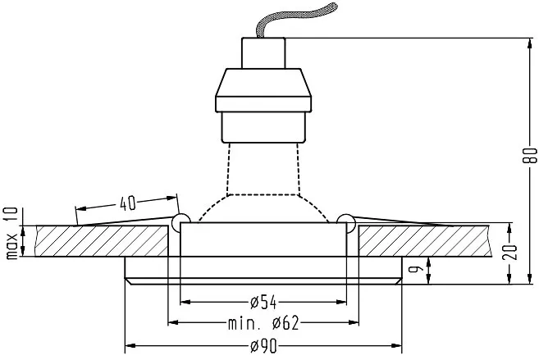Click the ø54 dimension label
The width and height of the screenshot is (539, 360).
point(263,303)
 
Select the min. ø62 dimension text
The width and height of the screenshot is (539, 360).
point(263,323)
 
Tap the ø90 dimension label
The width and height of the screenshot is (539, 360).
point(263,346)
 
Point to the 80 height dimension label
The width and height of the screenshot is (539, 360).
point(530,155)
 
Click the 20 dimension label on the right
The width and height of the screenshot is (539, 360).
point(509,252)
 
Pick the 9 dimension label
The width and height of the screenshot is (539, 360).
point(413,269)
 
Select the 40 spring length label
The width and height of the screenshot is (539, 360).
point(128,203)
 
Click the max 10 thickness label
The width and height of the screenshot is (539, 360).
point(11,233)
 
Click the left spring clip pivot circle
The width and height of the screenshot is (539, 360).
point(180,222)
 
